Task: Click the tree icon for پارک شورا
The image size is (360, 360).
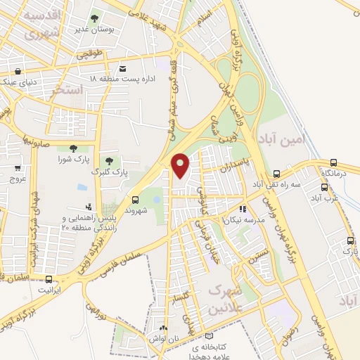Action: pyautogui.click(x=73, y=148)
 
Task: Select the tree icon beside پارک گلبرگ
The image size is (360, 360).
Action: pyautogui.click(x=108, y=161)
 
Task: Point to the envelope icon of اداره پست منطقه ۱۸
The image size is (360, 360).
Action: pyautogui.click(x=123, y=68)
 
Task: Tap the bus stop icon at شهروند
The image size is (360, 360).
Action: pyautogui.click(x=135, y=200)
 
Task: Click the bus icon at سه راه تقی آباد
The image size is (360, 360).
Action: pyautogui.click(x=276, y=173)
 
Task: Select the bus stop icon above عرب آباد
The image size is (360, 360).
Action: pyautogui.click(x=324, y=187)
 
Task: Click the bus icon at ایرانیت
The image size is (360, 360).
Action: pyautogui.click(x=48, y=278)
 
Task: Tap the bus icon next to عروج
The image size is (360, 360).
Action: pyautogui.click(x=18, y=168)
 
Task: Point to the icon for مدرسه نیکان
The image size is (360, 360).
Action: pyautogui.click(x=243, y=209)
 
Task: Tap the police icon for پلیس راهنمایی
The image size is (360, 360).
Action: pyautogui.click(x=89, y=207)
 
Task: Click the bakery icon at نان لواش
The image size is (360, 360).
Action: pyautogui.click(x=165, y=328)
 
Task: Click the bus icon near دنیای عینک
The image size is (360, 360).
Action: pyautogui.click(x=18, y=70)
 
